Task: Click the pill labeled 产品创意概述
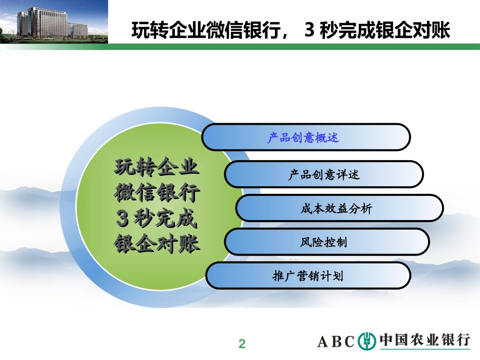(x=306, y=137)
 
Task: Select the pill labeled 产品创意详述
(x=323, y=175)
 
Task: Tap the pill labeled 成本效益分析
(x=339, y=208)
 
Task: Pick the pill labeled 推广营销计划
(x=308, y=276)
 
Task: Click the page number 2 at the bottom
(x=242, y=344)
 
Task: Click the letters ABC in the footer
(x=336, y=342)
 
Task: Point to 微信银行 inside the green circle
(x=158, y=192)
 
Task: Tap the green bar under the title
(x=293, y=46)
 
